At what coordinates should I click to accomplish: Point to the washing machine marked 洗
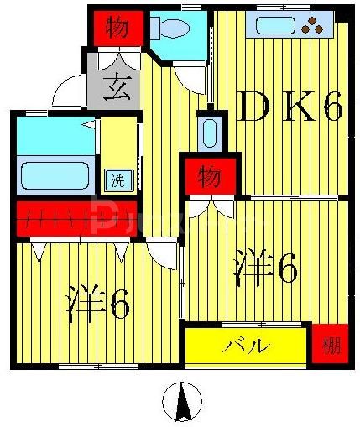pyautogui.click(x=117, y=179)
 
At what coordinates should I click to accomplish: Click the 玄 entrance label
pyautogui.click(x=116, y=86)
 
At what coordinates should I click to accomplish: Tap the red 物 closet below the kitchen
pyautogui.click(x=209, y=177)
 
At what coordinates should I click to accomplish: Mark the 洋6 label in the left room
pyautogui.click(x=98, y=304)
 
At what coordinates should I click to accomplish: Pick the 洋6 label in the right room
pyautogui.click(x=267, y=267)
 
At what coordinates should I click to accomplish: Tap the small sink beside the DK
pyautogui.click(x=210, y=133)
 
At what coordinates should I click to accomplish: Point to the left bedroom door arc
pyautogui.click(x=159, y=252)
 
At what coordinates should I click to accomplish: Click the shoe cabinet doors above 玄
pyautogui.click(x=116, y=60)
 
